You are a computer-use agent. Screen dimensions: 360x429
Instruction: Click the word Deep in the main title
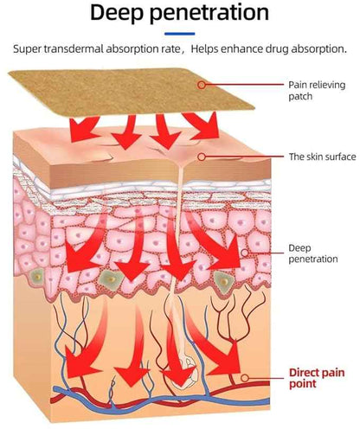(117, 13)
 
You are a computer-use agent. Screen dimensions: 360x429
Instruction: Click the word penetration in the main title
(209, 13)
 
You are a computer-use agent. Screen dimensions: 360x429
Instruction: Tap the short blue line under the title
(180, 34)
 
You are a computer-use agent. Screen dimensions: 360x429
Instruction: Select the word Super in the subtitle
(27, 49)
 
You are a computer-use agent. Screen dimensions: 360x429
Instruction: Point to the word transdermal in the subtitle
(74, 48)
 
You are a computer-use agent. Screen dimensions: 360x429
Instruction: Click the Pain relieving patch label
(317, 91)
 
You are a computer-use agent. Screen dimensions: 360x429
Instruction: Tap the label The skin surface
(322, 157)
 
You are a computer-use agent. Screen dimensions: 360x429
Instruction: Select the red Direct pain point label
(317, 378)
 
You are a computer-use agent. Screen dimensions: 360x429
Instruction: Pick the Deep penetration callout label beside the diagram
(313, 253)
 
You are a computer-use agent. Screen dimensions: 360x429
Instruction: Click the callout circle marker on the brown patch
(202, 85)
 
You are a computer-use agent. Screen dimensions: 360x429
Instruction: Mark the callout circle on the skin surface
(202, 157)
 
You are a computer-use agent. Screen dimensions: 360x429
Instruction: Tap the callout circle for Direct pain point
(245, 378)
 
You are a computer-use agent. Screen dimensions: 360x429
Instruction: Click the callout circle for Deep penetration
(245, 253)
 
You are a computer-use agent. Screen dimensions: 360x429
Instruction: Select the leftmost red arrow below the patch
(84, 128)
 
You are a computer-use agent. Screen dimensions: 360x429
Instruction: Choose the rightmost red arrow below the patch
(202, 125)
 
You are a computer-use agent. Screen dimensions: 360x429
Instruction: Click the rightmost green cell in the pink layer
(224, 282)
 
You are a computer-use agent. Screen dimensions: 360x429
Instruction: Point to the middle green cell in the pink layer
(111, 279)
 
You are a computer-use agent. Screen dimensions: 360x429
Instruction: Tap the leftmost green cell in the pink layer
(37, 277)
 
